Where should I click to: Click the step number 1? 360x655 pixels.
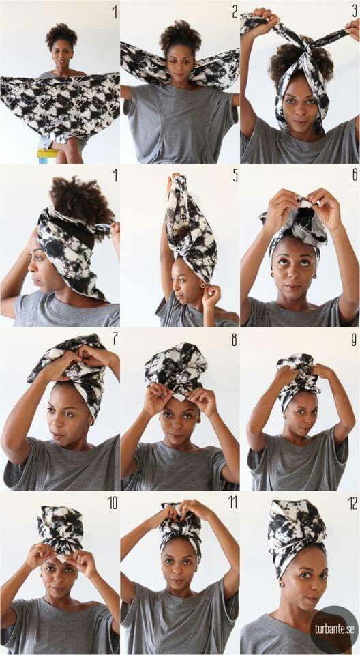point(115,13)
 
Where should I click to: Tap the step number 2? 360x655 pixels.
point(235,12)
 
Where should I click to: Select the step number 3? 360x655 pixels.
point(355,12)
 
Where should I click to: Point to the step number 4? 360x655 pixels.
point(115,175)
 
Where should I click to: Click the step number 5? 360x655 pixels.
point(235,176)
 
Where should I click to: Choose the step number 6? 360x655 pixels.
point(355,175)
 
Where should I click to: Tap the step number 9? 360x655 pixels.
point(355,340)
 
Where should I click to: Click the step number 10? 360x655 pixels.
point(112,504)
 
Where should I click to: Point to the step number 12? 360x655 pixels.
point(352,504)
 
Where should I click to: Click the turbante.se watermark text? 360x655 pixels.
point(335,629)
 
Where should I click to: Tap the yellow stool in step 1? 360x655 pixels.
point(47,154)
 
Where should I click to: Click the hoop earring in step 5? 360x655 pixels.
point(202,286)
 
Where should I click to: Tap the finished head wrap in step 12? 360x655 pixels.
point(297,537)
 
